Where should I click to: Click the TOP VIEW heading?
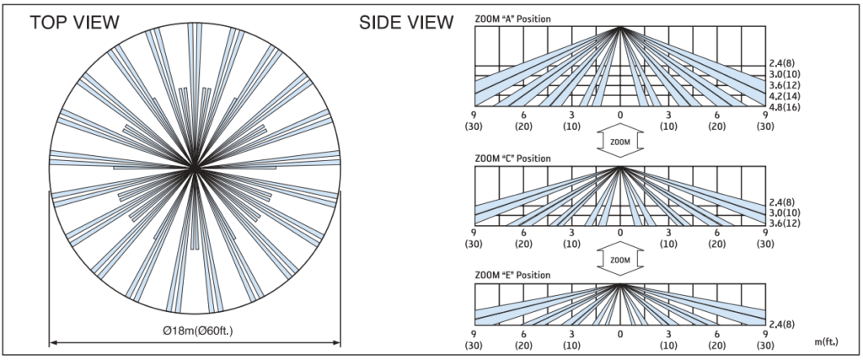coord(74,23)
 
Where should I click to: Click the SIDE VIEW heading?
coord(406,23)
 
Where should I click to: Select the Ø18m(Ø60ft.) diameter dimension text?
coord(195,330)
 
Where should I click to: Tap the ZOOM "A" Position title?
coord(512,19)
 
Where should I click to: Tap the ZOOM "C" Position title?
coord(512,159)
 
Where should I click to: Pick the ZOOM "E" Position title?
coord(512,275)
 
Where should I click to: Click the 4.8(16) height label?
coord(785,107)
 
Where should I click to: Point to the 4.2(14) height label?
coord(785,96)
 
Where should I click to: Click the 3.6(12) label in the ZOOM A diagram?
coord(785,85)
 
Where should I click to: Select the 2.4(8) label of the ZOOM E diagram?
coord(782,325)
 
